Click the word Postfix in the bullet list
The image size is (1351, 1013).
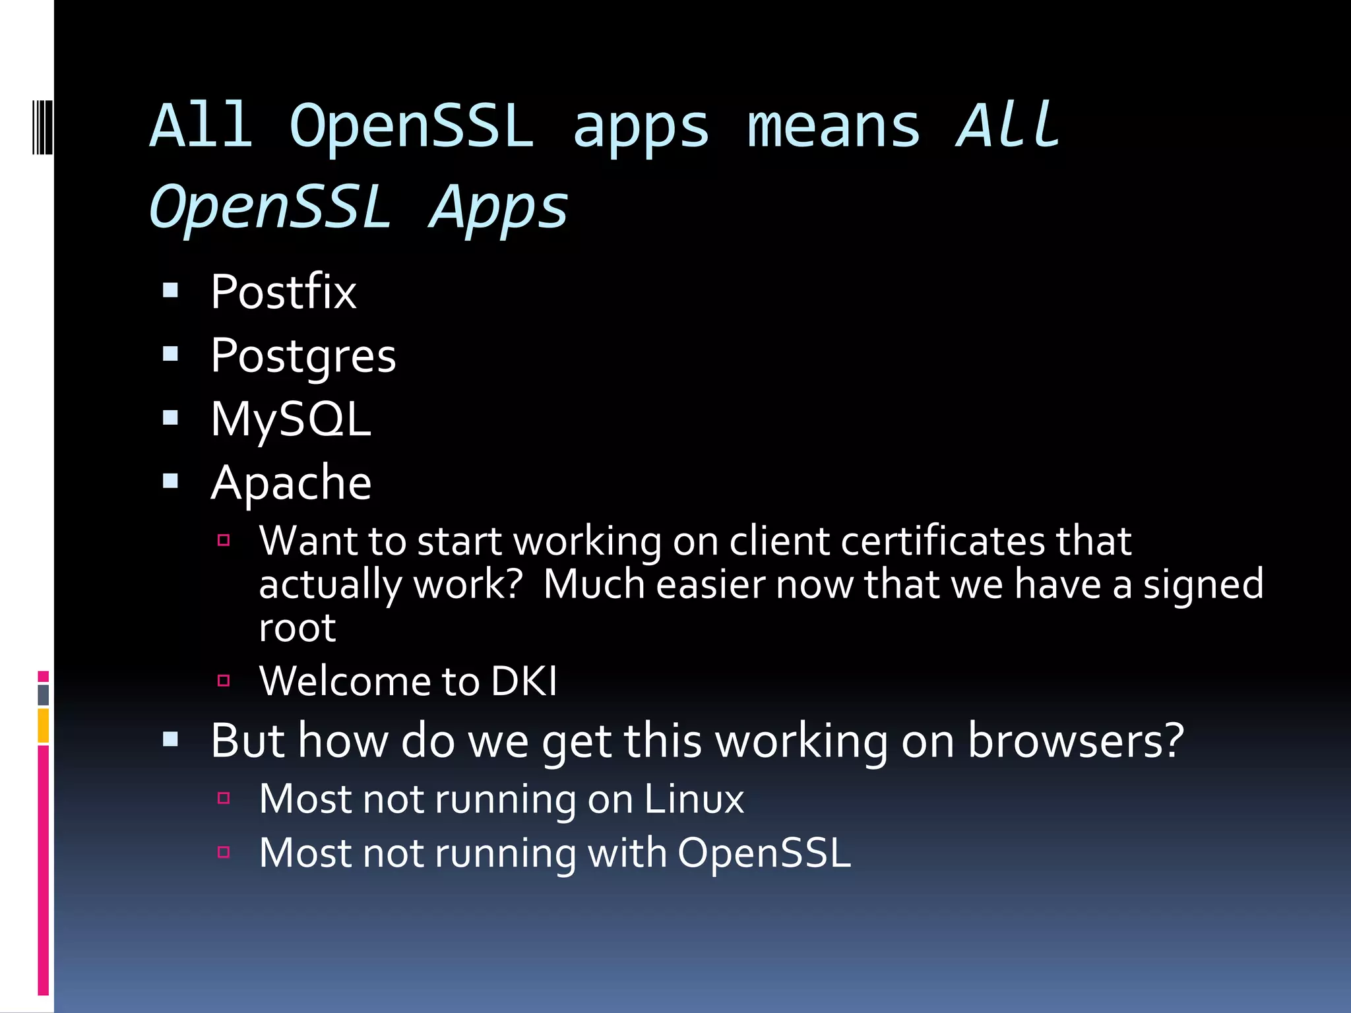click(284, 292)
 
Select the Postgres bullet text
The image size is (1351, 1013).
click(303, 356)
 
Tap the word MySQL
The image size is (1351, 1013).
click(291, 419)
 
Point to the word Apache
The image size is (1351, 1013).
click(291, 483)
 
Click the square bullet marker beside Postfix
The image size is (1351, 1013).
click(171, 291)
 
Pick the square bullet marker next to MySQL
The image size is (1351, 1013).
click(171, 417)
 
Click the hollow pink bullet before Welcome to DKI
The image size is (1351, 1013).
click(224, 680)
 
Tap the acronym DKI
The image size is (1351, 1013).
click(524, 681)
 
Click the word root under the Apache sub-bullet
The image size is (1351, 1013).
click(298, 628)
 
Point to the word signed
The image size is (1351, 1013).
click(1203, 585)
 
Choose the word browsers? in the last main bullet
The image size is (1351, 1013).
click(1075, 741)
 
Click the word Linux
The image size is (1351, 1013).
click(693, 799)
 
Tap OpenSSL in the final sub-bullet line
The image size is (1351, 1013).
click(764, 853)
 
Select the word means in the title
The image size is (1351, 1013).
click(833, 127)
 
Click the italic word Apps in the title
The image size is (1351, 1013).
click(499, 207)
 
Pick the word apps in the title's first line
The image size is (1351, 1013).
click(641, 127)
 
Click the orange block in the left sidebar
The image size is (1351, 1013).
click(44, 725)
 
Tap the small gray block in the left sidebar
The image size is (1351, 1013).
click(44, 694)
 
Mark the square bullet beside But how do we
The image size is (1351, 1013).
click(171, 739)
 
